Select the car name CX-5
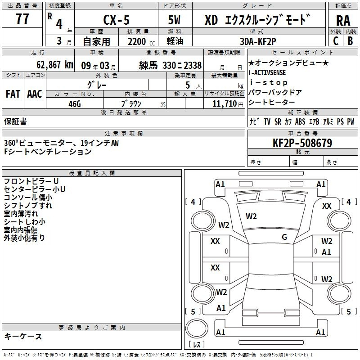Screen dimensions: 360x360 [x=114, y=20]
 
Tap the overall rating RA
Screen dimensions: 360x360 [x=343, y=21]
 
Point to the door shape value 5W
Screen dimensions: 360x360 [x=175, y=20]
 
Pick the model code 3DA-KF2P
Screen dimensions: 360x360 [x=257, y=42]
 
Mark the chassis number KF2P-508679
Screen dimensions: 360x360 [x=302, y=143]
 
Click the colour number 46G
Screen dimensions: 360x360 [x=74, y=103]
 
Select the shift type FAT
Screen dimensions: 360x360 [x=13, y=94]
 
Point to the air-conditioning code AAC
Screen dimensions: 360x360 [x=35, y=94]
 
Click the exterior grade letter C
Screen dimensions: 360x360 [x=335, y=41]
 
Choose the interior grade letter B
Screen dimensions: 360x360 [x=350, y=41]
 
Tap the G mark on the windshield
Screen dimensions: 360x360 [x=284, y=237]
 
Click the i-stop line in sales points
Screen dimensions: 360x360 [x=268, y=83]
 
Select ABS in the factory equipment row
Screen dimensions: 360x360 [x=300, y=122]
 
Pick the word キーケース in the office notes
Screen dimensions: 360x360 [x=23, y=336]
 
